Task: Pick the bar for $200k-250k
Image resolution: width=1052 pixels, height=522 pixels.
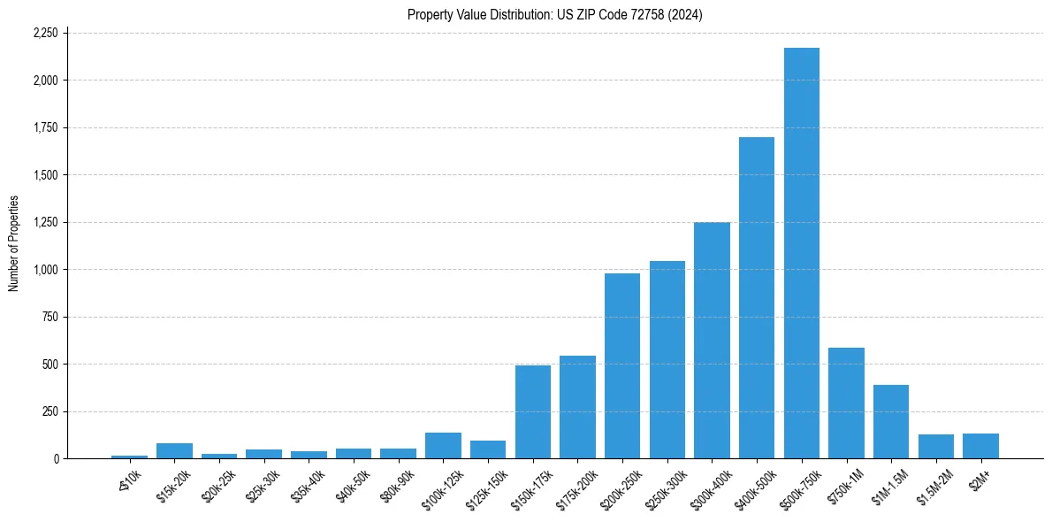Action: [621, 366]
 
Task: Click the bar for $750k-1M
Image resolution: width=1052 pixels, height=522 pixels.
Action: [846, 403]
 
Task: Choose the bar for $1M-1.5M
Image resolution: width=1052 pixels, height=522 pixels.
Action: [890, 422]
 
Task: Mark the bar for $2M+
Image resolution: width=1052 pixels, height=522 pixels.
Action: [980, 446]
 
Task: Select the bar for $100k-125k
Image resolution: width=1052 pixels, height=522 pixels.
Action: [443, 446]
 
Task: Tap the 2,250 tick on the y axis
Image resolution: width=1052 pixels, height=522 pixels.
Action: [45, 34]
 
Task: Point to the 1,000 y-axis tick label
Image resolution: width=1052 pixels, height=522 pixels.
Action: [45, 270]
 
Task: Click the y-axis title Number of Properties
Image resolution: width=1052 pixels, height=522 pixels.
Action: [14, 244]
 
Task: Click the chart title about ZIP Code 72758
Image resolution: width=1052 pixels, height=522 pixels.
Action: [554, 14]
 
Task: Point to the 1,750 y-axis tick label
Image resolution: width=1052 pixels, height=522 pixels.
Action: [45, 128]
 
